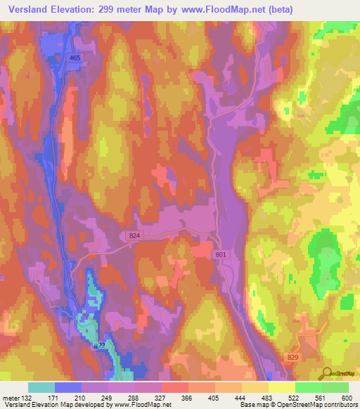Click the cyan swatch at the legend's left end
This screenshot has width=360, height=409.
pos(41,387)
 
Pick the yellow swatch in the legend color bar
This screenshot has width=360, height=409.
pos(281,387)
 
